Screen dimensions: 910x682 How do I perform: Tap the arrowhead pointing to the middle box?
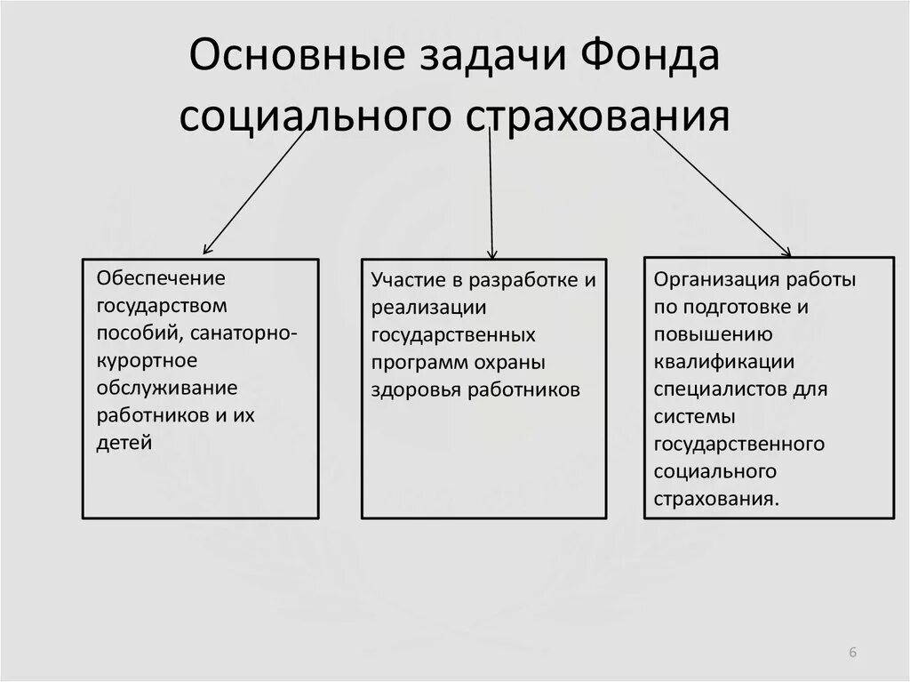(492, 254)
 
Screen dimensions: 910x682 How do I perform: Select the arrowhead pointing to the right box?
(786, 253)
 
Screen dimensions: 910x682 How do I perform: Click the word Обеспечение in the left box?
(162, 278)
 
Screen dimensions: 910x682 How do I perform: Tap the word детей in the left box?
(124, 443)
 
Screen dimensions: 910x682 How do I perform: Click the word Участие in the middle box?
(408, 281)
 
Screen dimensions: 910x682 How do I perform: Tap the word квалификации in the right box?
(723, 362)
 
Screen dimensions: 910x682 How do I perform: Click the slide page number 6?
(852, 653)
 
